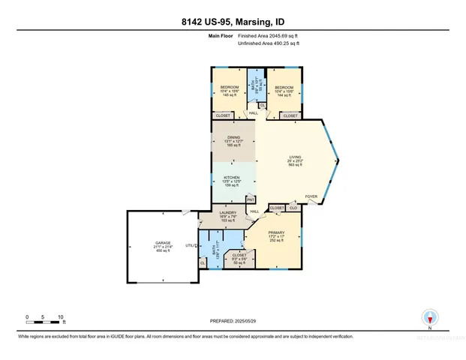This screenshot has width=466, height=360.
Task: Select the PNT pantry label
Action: [251, 199]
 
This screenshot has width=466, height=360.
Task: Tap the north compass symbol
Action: [429, 317]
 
